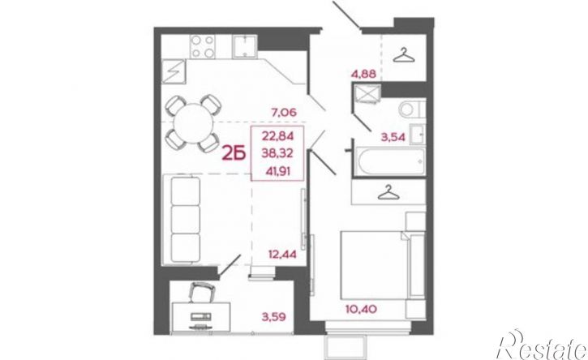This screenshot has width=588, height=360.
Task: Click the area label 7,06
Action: (x=284, y=112)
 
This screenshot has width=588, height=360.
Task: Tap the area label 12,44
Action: (x=282, y=255)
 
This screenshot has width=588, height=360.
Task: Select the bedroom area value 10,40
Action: (x=361, y=310)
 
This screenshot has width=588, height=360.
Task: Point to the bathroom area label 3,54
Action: (x=393, y=137)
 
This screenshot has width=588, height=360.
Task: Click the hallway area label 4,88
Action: (x=363, y=74)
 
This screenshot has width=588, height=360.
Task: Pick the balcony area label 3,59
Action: (x=274, y=317)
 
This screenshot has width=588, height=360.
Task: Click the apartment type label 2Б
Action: (x=234, y=153)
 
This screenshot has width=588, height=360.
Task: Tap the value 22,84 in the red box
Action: (x=278, y=135)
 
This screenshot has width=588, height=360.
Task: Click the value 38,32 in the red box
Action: (x=278, y=153)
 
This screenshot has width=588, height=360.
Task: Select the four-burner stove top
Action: (x=203, y=46)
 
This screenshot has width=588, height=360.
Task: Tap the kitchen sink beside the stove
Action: (x=244, y=46)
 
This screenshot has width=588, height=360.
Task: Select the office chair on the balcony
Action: (x=201, y=293)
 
